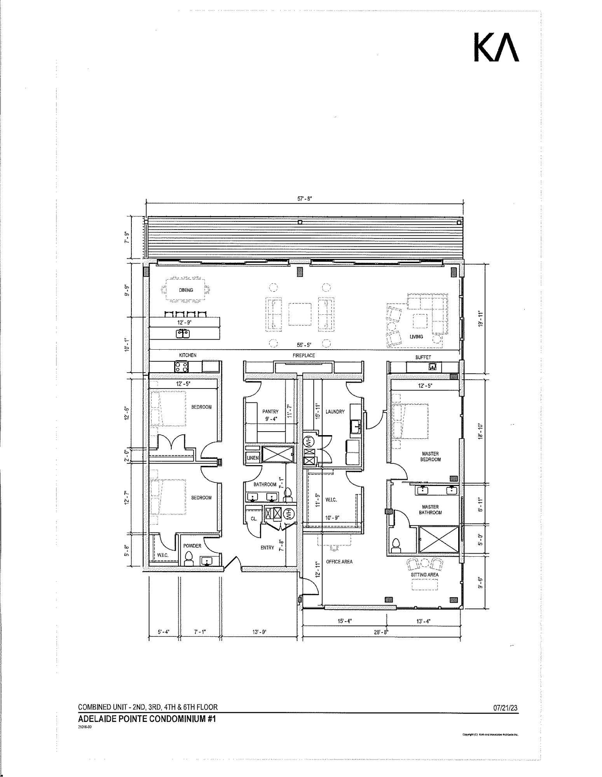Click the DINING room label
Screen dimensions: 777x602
pos(186,290)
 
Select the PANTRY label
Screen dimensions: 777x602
pos(270,411)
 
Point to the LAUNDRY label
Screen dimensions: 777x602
pos(335,411)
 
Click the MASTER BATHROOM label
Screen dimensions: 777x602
pos(430,509)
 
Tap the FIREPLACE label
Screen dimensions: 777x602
pos(304,355)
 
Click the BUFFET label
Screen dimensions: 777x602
pos(423,357)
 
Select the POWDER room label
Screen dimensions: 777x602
pos(192,545)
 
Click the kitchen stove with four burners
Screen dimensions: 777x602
pos(181,366)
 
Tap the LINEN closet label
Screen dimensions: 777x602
pos(253,458)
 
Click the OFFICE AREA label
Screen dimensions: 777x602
pos(339,561)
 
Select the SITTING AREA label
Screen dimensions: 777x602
pos(424,574)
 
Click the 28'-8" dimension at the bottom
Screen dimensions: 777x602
pos(382,632)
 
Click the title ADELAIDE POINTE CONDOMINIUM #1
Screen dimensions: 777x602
pos(147,719)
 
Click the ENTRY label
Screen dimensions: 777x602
pos(267,547)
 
